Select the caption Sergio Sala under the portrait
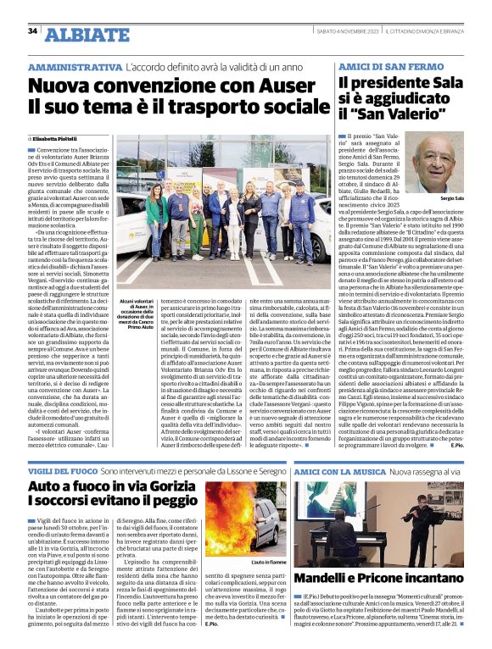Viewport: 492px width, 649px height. click(x=452, y=198)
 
